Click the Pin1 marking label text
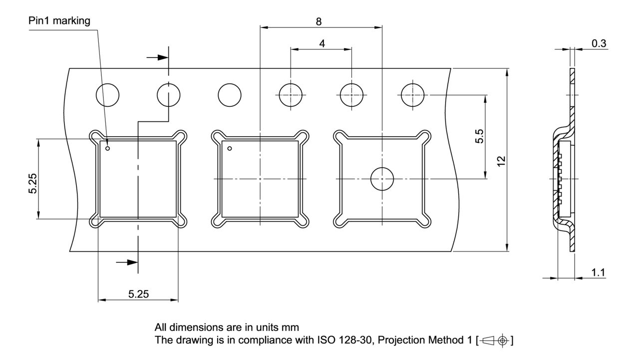tap(60, 20)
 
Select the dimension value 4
tap(322, 43)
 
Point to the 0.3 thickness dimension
tap(599, 43)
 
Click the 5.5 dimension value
tap(479, 136)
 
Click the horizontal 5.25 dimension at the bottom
tap(138, 294)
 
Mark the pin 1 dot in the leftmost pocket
tap(107, 148)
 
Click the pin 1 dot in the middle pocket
tap(230, 148)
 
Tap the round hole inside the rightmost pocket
tap(382, 178)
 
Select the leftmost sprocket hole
tap(108, 94)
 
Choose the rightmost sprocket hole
tap(413, 94)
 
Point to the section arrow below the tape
tap(127, 262)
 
